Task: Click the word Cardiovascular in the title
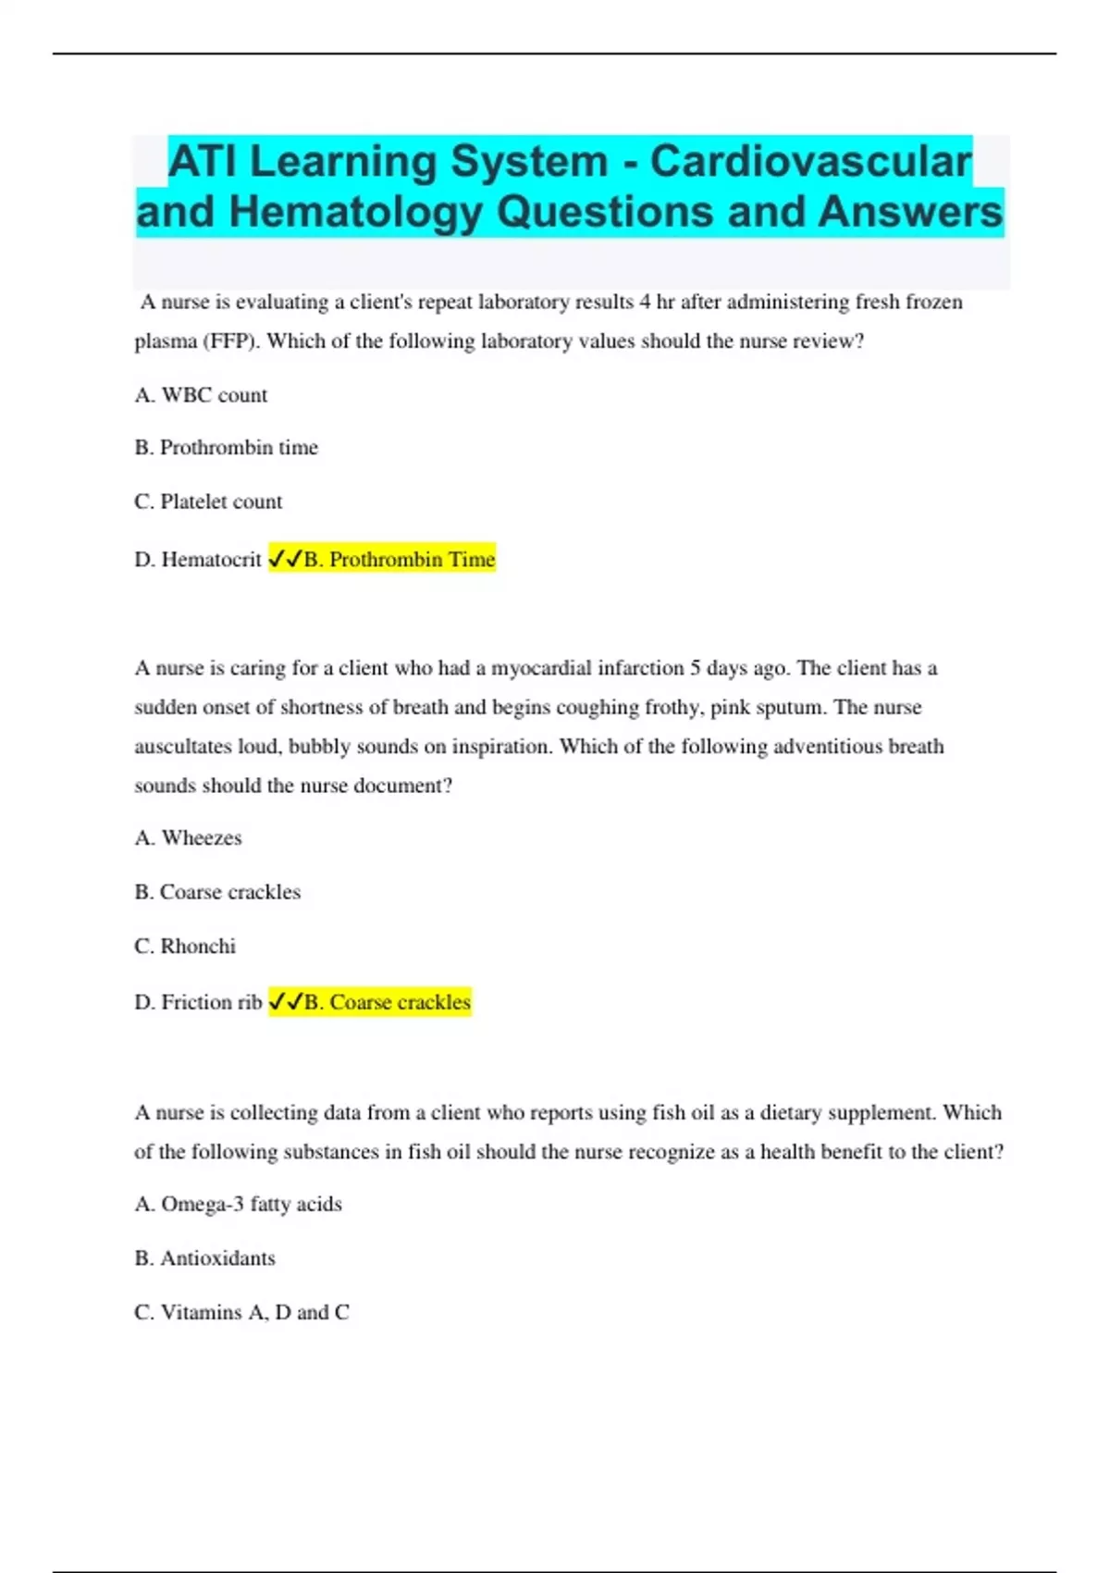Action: point(810,162)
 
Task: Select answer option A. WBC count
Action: point(201,395)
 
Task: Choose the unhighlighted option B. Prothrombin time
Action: point(226,448)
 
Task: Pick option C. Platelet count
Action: point(208,502)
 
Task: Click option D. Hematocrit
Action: point(198,560)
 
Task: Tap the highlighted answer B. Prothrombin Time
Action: point(399,560)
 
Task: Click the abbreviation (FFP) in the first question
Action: point(231,341)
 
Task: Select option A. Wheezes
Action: point(188,838)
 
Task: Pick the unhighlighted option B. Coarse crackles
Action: point(217,892)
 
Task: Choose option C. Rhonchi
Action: point(185,947)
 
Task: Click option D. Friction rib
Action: point(198,1002)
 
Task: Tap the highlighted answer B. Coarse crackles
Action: point(387,1002)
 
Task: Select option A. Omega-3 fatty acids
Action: point(238,1205)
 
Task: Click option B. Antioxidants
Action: point(204,1258)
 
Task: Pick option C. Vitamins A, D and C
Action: point(241,1312)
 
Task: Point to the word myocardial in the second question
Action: point(540,668)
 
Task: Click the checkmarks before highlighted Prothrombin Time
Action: point(285,560)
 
